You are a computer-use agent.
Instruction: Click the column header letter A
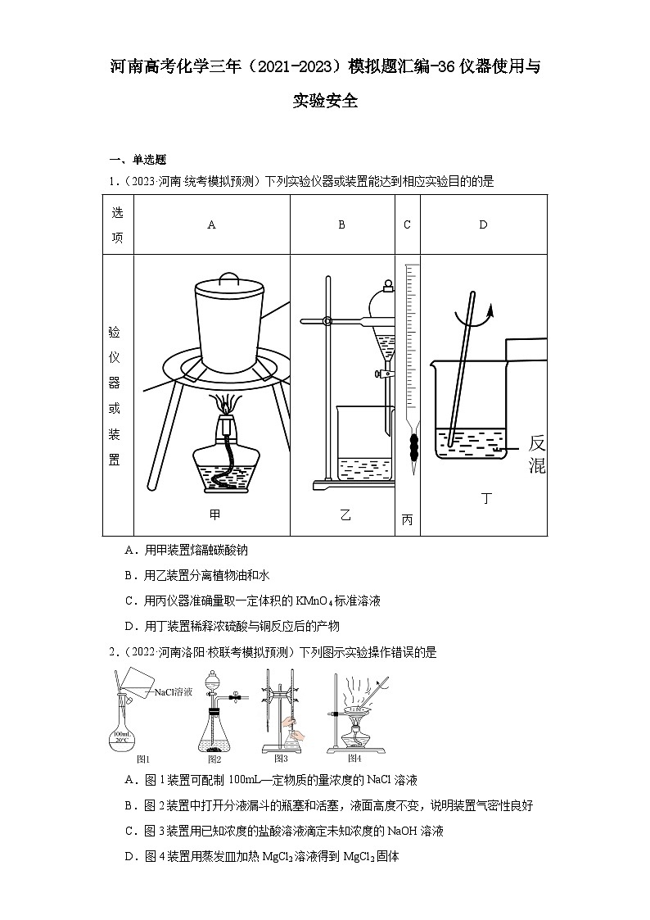pyautogui.click(x=211, y=224)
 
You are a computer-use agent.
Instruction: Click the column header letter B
pyautogui.click(x=342, y=224)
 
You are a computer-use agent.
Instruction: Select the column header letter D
pyautogui.click(x=483, y=224)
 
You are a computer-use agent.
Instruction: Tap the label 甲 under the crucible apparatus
pyautogui.click(x=214, y=514)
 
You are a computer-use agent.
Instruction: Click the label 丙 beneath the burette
pyautogui.click(x=407, y=519)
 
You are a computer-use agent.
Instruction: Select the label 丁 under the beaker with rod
pyautogui.click(x=486, y=498)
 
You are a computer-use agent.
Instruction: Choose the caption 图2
pyautogui.click(x=214, y=759)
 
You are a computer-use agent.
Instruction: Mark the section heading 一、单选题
pyautogui.click(x=138, y=160)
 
